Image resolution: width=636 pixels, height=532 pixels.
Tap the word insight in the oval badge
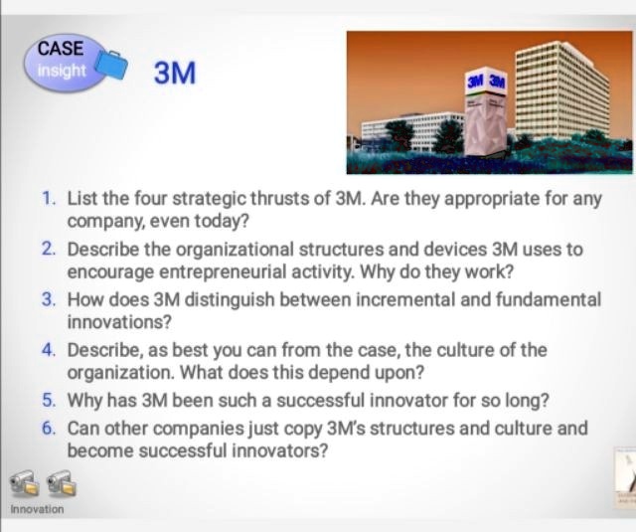click(59, 71)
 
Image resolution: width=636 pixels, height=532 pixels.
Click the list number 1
click(49, 197)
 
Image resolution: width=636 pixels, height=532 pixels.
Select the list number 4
click(49, 350)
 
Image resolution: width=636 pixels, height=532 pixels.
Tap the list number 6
click(49, 428)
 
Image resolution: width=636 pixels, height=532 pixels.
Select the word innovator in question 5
click(402, 402)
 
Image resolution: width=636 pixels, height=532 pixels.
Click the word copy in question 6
click(266, 428)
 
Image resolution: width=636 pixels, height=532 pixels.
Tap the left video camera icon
click(25, 484)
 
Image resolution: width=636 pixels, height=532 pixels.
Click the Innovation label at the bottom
click(37, 509)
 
